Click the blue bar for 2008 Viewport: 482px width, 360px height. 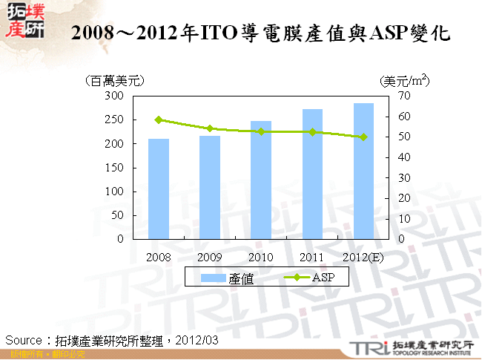tap(159, 189)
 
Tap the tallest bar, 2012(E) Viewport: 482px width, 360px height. tap(363, 171)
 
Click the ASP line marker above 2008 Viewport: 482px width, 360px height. tap(159, 120)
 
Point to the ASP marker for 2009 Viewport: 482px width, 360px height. tap(210, 128)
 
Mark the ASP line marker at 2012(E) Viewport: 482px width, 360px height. tap(363, 137)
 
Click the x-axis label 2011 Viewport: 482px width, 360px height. tap(312, 257)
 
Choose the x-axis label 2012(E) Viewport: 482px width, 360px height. tap(363, 257)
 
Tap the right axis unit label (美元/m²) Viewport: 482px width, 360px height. tap(404, 80)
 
